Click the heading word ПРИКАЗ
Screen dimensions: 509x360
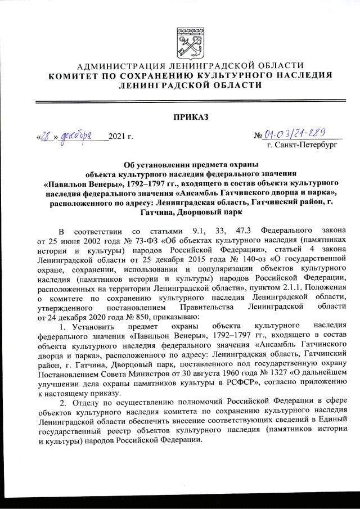[x=191, y=117]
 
